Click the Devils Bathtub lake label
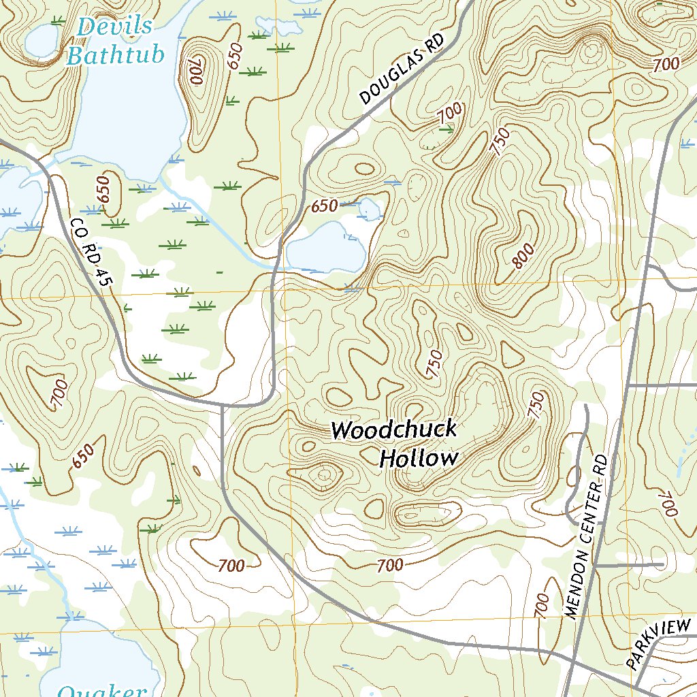tap(115, 41)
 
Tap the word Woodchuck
tap(393, 430)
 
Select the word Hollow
tap(419, 459)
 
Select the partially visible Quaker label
tap(102, 690)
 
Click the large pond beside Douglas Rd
tap(327, 249)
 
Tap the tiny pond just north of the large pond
tap(368, 209)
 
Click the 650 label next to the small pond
tap(325, 206)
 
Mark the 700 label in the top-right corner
tap(666, 65)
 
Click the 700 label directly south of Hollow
tap(389, 564)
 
